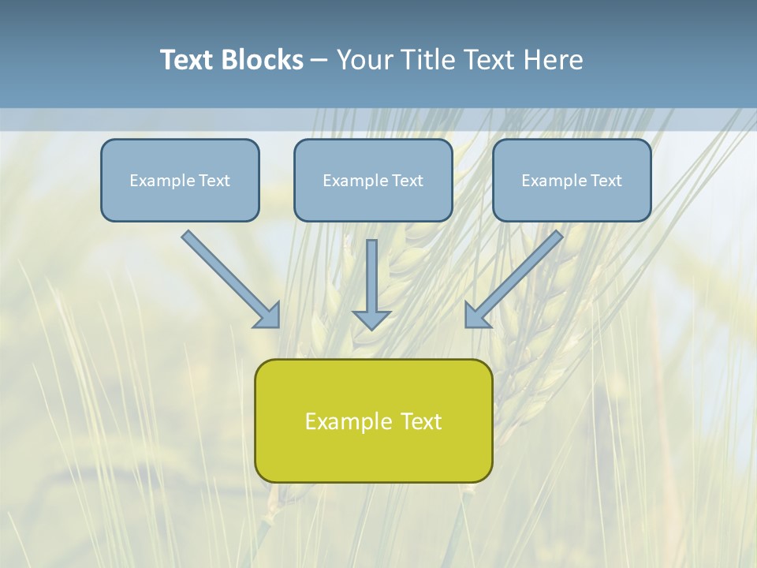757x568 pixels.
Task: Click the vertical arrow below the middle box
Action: click(371, 276)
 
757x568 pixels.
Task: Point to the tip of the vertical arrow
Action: click(371, 327)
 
